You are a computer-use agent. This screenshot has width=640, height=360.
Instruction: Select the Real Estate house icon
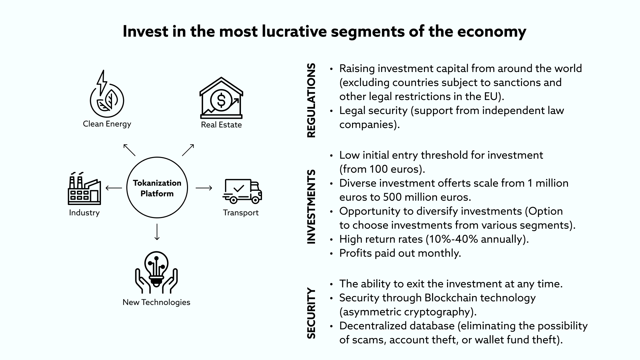pyautogui.click(x=221, y=98)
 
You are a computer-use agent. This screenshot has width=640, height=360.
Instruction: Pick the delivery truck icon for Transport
pyautogui.click(x=242, y=191)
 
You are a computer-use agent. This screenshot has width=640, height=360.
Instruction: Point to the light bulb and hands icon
pyautogui.click(x=156, y=273)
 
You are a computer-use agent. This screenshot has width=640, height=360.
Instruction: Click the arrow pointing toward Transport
pyautogui.click(x=204, y=188)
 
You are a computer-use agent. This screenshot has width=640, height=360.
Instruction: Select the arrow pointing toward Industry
pyautogui.click(x=114, y=188)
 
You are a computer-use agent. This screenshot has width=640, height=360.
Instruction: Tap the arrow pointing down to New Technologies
pyautogui.click(x=157, y=232)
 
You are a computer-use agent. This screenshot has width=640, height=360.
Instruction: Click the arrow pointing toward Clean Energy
pyautogui.click(x=129, y=150)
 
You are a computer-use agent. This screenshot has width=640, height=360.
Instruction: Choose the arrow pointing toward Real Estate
pyautogui.click(x=188, y=150)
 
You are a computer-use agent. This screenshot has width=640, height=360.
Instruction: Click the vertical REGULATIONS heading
pyautogui.click(x=311, y=100)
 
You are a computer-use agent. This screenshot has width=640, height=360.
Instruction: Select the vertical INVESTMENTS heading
pyautogui.click(x=311, y=207)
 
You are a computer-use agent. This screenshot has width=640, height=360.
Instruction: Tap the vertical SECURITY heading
pyautogui.click(x=311, y=313)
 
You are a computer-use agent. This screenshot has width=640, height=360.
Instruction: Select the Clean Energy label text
pyautogui.click(x=107, y=124)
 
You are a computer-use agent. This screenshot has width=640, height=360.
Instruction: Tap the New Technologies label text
pyautogui.click(x=156, y=302)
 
